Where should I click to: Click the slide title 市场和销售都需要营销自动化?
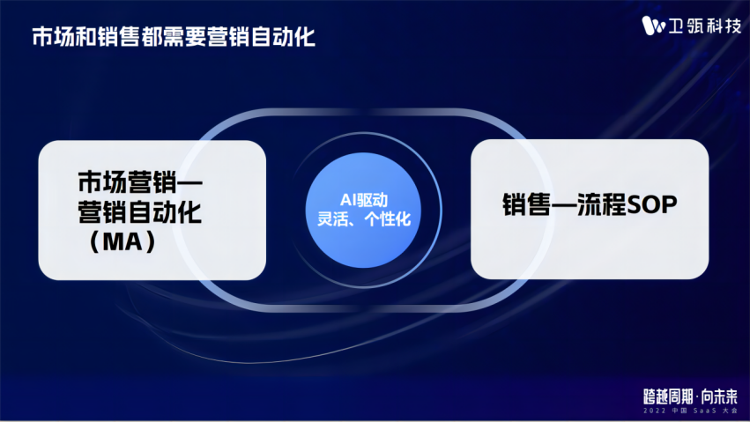click(174, 37)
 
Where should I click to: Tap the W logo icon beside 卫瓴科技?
click(653, 26)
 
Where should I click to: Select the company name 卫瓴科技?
click(704, 26)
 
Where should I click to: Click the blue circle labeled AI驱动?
click(363, 211)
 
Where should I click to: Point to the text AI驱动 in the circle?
click(363, 200)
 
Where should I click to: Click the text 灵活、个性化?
click(364, 219)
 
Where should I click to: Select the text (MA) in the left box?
click(123, 241)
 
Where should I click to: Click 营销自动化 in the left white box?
click(139, 211)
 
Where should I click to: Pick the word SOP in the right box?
click(652, 204)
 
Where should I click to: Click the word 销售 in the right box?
click(527, 204)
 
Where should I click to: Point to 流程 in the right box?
click(602, 204)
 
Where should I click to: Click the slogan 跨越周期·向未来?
click(690, 396)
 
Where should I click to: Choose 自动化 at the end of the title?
click(283, 37)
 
